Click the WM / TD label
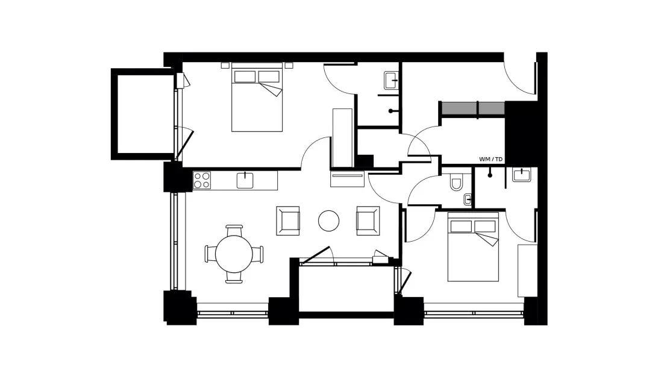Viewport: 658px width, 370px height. (x=490, y=160)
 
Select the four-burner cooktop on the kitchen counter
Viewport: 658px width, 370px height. (x=201, y=180)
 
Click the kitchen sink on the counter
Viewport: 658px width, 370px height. (x=245, y=180)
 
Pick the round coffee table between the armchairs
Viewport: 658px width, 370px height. (x=328, y=221)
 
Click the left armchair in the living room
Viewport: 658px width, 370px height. (x=288, y=221)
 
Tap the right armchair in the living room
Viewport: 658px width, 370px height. (x=368, y=221)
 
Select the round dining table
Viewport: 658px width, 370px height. (x=234, y=254)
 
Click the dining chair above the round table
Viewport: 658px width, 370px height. (x=234, y=230)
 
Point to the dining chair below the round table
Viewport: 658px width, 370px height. (x=234, y=278)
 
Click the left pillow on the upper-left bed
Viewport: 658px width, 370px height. (x=245, y=77)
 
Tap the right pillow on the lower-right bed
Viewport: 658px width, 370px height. (x=484, y=227)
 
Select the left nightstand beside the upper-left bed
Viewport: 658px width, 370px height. (x=225, y=66)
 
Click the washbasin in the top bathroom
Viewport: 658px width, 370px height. (x=390, y=80)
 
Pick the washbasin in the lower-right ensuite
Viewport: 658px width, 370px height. (x=522, y=175)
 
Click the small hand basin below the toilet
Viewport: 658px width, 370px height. (x=468, y=199)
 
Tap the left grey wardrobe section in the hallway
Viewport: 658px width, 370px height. (x=460, y=108)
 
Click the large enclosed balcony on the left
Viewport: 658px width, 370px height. (x=143, y=114)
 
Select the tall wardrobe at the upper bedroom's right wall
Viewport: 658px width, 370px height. (x=342, y=138)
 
